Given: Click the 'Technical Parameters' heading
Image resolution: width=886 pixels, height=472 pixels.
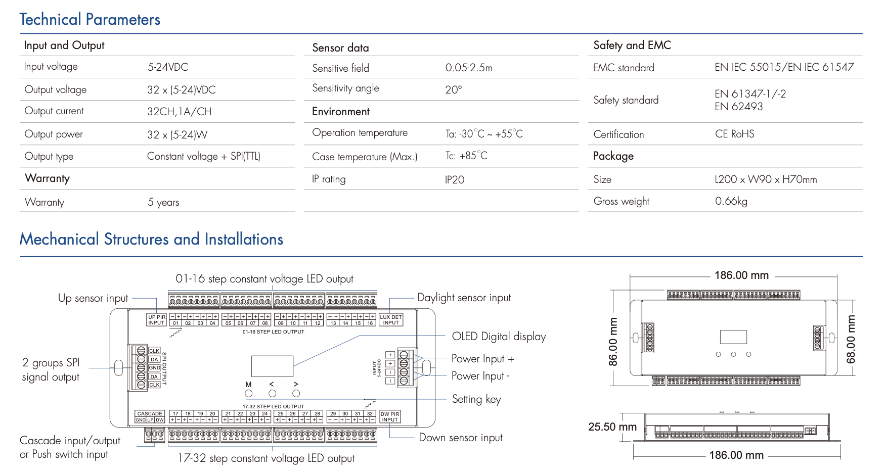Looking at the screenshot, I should click(90, 20).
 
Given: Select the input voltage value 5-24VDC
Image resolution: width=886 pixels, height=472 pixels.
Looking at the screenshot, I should click(167, 67).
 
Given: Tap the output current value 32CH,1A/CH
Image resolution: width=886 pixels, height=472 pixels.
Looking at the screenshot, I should click(179, 112).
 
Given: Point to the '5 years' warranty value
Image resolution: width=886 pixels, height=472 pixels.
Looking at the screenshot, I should click(163, 202).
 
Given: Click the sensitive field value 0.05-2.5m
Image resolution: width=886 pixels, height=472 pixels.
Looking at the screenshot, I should click(468, 68).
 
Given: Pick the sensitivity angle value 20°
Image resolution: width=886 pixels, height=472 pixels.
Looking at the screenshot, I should click(453, 90).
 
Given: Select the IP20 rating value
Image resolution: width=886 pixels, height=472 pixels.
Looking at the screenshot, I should click(455, 179).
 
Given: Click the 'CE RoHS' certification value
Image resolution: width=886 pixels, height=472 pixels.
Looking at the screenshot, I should click(734, 134).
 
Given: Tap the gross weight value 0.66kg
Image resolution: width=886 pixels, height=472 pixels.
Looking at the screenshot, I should click(731, 201).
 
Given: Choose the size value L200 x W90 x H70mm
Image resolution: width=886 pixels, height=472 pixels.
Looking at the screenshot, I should click(765, 179).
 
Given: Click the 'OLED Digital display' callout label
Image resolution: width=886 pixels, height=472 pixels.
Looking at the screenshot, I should click(499, 337).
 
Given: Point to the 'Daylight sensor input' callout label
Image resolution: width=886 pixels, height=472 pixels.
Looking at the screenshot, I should click(464, 298).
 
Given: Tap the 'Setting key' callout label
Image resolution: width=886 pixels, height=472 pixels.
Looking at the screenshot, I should click(476, 399).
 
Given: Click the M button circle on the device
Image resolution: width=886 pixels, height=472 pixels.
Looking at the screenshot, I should click(248, 393).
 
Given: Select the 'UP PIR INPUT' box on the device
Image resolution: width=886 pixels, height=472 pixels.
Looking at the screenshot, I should click(156, 320).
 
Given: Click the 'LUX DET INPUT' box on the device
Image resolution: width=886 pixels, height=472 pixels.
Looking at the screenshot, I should click(390, 320).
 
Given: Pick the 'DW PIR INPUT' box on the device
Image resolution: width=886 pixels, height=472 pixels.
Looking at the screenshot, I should click(390, 417).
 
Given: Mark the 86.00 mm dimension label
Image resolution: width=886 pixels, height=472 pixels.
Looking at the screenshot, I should click(613, 342).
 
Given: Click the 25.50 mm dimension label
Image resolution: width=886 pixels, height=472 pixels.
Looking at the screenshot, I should click(612, 427).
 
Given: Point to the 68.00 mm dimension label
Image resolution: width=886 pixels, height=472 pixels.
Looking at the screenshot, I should click(851, 339).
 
